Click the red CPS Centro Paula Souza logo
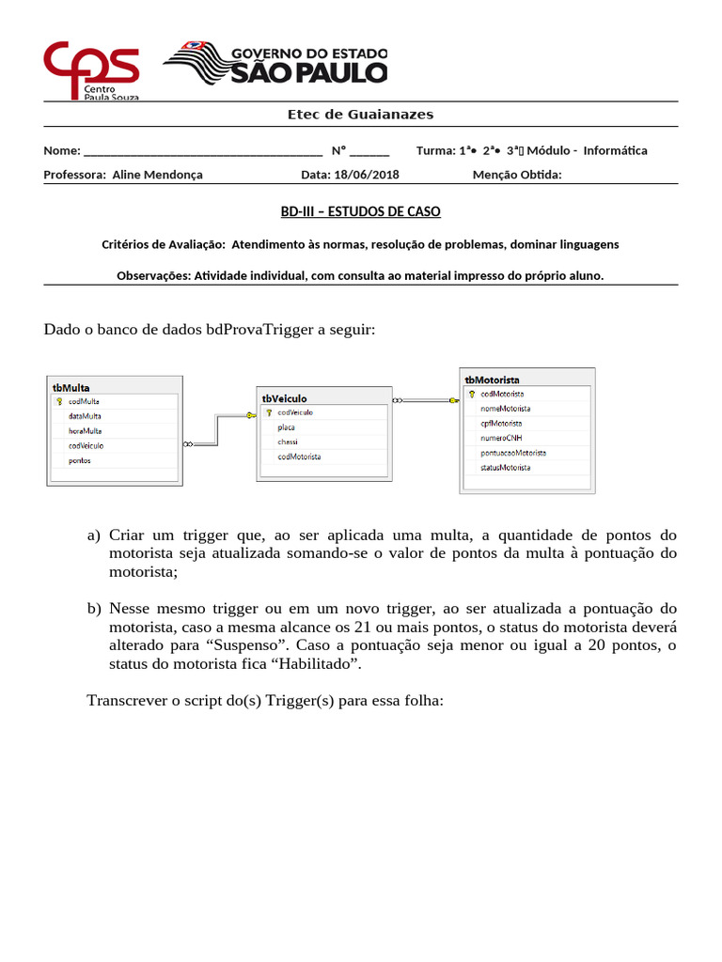[x=91, y=69]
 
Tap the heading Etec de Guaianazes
[x=360, y=114]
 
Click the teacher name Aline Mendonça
[x=157, y=174]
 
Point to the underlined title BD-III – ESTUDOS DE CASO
[x=360, y=211]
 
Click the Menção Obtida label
[x=516, y=174]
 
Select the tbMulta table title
[x=71, y=386]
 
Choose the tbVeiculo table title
[x=283, y=398]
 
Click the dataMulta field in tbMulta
[x=85, y=415]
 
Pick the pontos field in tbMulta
[x=79, y=460]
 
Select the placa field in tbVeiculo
[x=286, y=427]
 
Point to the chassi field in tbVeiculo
[x=287, y=442]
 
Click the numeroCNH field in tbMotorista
[x=500, y=438]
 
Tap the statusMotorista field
[x=505, y=467]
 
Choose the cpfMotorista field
[x=501, y=423]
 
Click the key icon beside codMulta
[x=59, y=401]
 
